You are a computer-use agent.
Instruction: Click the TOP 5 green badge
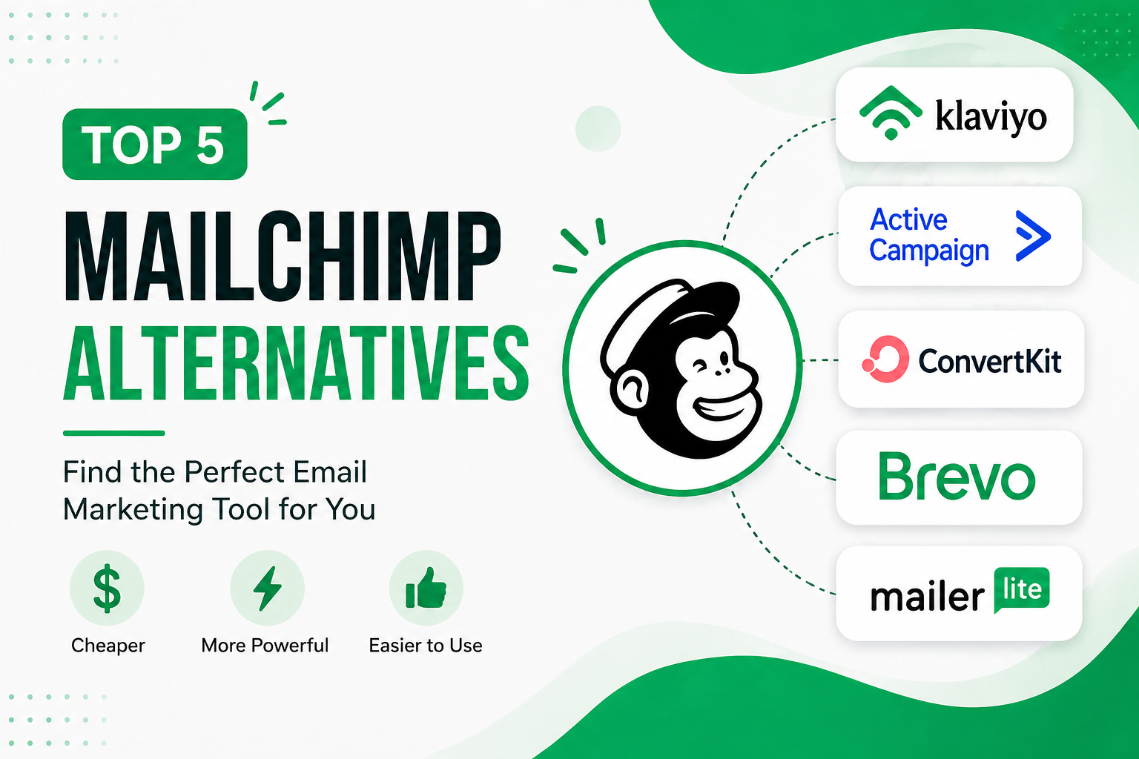click(x=154, y=145)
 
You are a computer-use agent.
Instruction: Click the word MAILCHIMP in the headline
click(x=283, y=258)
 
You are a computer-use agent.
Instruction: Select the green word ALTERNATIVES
click(x=296, y=364)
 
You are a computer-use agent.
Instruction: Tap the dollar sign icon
click(x=107, y=589)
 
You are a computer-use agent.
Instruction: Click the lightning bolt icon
click(x=267, y=589)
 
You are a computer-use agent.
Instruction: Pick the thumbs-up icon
click(x=426, y=589)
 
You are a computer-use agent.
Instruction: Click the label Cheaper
click(x=108, y=646)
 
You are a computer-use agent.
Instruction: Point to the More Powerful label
click(x=265, y=646)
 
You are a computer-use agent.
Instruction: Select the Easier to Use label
click(x=426, y=646)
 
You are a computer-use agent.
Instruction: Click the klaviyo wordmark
click(x=991, y=116)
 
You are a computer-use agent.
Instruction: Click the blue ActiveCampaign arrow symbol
click(x=1032, y=236)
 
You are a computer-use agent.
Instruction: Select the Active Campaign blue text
click(x=928, y=236)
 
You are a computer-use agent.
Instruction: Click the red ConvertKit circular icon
click(x=885, y=359)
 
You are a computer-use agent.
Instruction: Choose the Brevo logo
click(x=957, y=477)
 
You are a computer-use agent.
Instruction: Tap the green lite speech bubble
click(x=1021, y=590)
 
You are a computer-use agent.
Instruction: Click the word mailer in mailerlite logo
click(x=927, y=597)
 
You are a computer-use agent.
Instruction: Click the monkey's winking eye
click(x=700, y=365)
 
